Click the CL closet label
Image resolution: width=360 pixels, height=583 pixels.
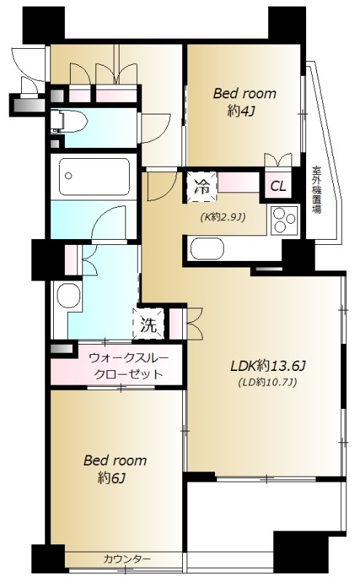[x=278, y=186]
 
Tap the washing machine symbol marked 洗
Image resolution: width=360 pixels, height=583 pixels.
[x=149, y=326]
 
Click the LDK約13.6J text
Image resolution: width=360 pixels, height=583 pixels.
[x=267, y=366]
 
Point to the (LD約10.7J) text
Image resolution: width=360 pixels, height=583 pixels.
[x=266, y=382]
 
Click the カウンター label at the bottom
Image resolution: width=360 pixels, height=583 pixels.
[x=127, y=559]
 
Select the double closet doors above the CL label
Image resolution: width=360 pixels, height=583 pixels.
[x=278, y=160]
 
